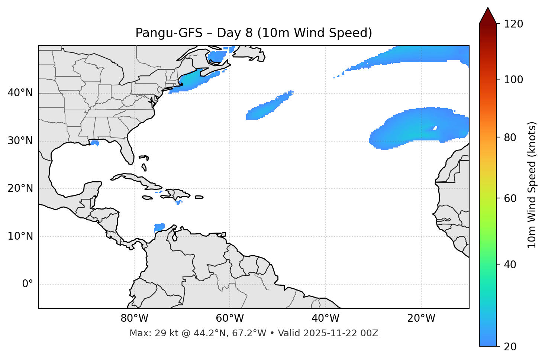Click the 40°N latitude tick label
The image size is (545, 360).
(20, 93)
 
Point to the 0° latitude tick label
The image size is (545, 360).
(27, 284)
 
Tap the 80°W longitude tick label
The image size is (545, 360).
(134, 318)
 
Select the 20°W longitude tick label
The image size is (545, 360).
(421, 318)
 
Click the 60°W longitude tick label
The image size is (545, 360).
(230, 318)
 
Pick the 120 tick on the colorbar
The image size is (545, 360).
(513, 24)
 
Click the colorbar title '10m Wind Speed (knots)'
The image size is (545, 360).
(532, 185)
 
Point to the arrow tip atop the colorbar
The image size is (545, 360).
(488, 8)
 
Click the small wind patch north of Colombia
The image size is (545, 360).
(159, 227)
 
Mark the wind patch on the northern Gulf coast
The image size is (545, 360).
(94, 143)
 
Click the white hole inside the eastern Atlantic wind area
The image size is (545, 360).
(435, 128)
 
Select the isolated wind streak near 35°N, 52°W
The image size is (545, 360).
(268, 107)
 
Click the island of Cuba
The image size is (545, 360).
(138, 180)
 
